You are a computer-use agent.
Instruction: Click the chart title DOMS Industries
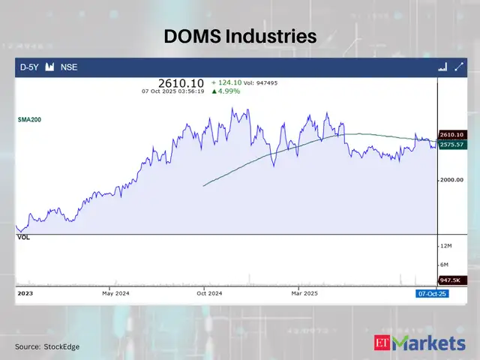coord(240,36)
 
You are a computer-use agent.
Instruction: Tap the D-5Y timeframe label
coord(29,67)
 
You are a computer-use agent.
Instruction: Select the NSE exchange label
coord(68,67)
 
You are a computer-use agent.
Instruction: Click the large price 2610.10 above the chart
coord(181,83)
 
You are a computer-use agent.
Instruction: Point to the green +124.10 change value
coord(225,82)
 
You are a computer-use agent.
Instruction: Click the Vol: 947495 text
coord(260,82)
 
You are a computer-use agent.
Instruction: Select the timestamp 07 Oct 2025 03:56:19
coord(173,91)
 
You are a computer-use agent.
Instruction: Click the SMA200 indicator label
coord(30,119)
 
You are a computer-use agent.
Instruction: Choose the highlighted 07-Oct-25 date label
coord(432,295)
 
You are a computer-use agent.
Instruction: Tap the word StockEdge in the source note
coord(62,346)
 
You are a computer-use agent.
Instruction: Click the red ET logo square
coord(382,343)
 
